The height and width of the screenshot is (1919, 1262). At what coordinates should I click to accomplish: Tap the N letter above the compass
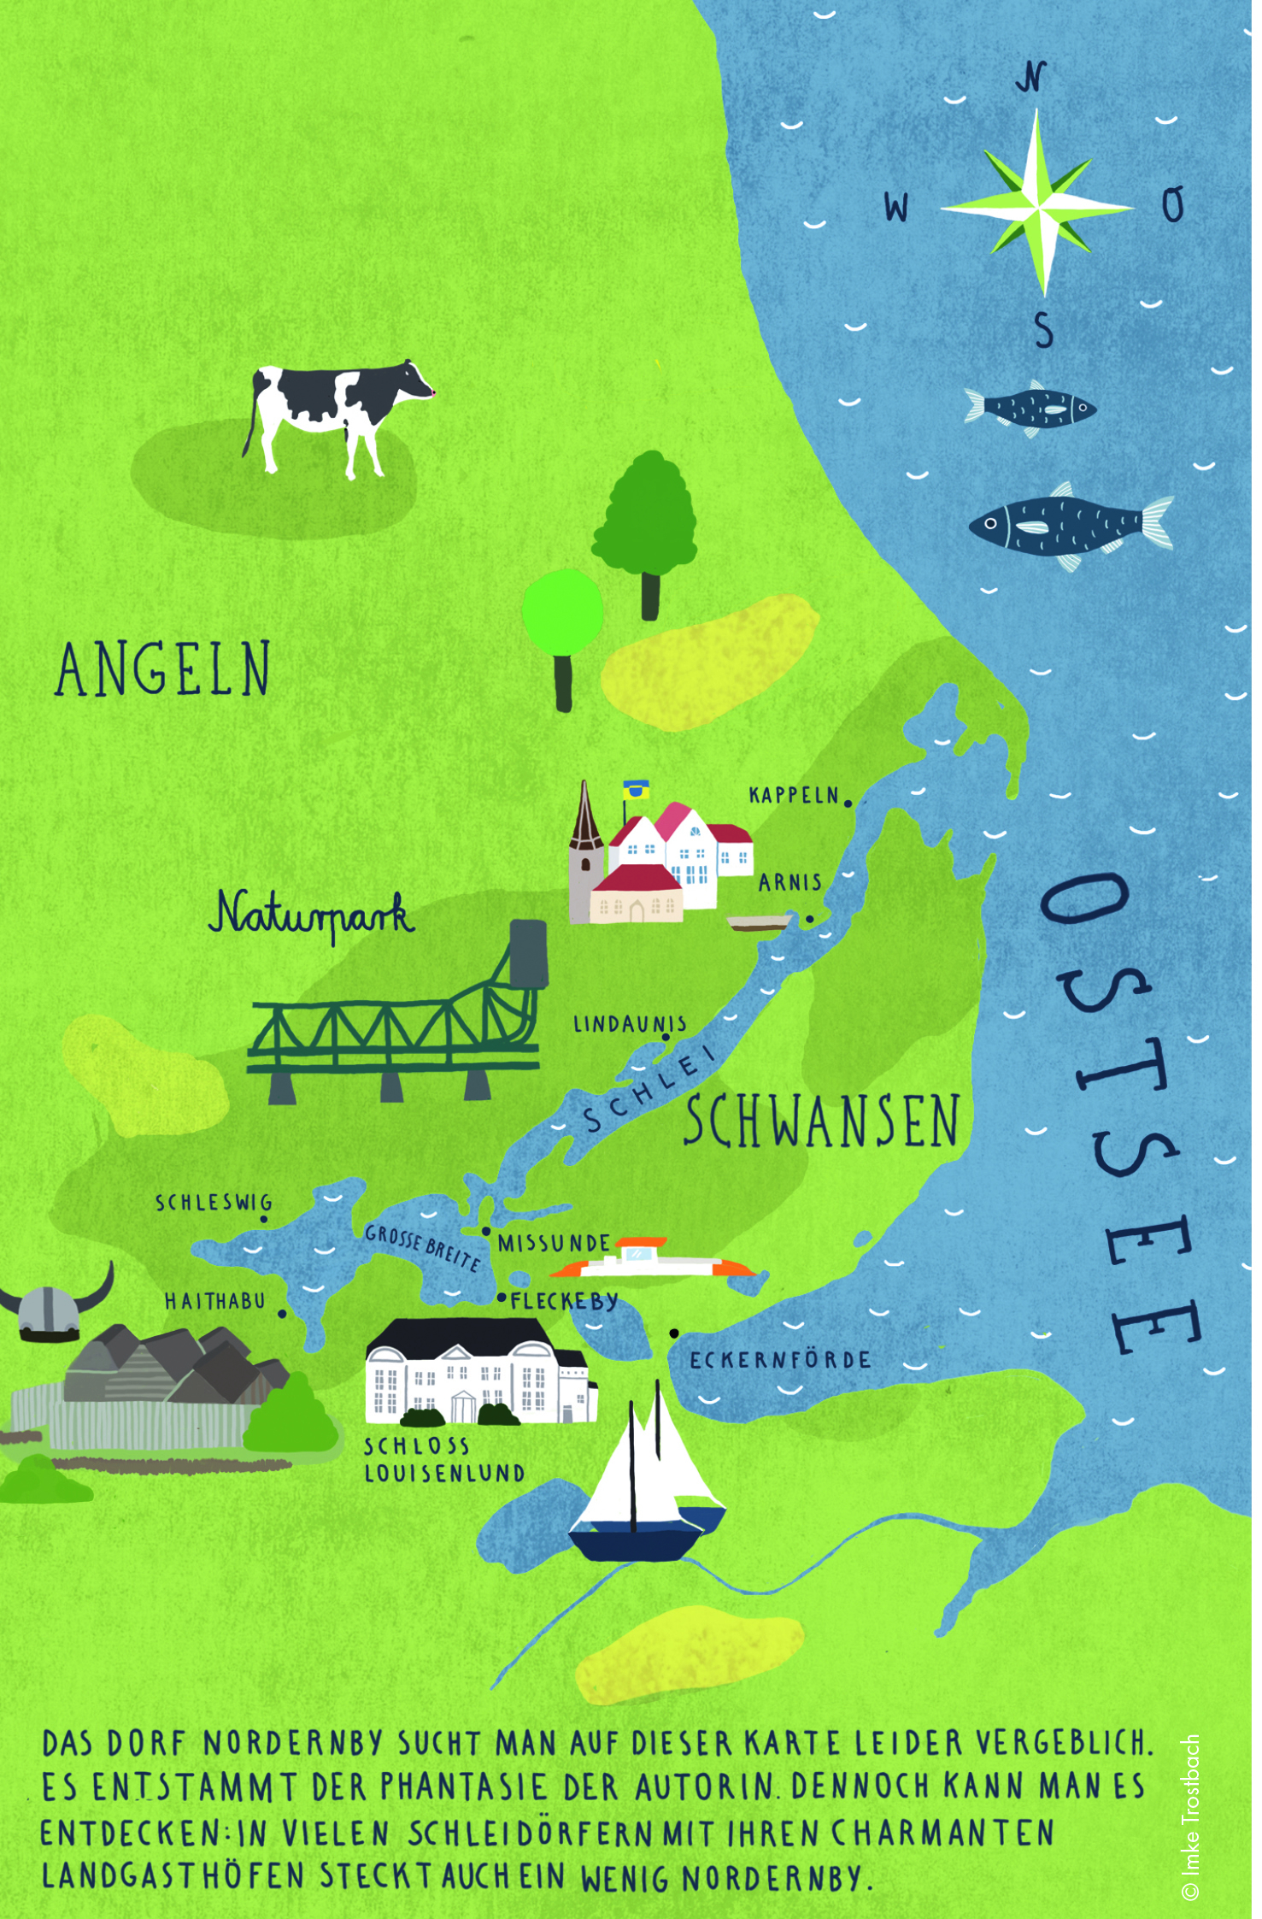tap(1031, 78)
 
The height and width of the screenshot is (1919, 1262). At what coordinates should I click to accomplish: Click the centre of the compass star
tap(1037, 206)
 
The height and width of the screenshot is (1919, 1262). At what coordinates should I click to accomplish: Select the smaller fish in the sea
tap(1031, 408)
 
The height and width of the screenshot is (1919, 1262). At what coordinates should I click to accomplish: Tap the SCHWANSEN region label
tap(821, 1121)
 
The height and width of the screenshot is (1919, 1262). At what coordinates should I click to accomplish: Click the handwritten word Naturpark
tap(313, 915)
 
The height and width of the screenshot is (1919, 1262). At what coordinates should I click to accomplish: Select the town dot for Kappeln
tap(848, 804)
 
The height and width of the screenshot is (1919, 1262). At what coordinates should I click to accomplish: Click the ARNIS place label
tap(789, 882)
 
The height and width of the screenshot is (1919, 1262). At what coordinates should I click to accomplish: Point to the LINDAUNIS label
tap(629, 1024)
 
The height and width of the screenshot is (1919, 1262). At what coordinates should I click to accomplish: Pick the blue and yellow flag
tap(635, 789)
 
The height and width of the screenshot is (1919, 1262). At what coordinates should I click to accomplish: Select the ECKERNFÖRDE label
tap(780, 1360)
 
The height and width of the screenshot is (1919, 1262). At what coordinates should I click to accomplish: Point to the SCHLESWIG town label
tap(213, 1203)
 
